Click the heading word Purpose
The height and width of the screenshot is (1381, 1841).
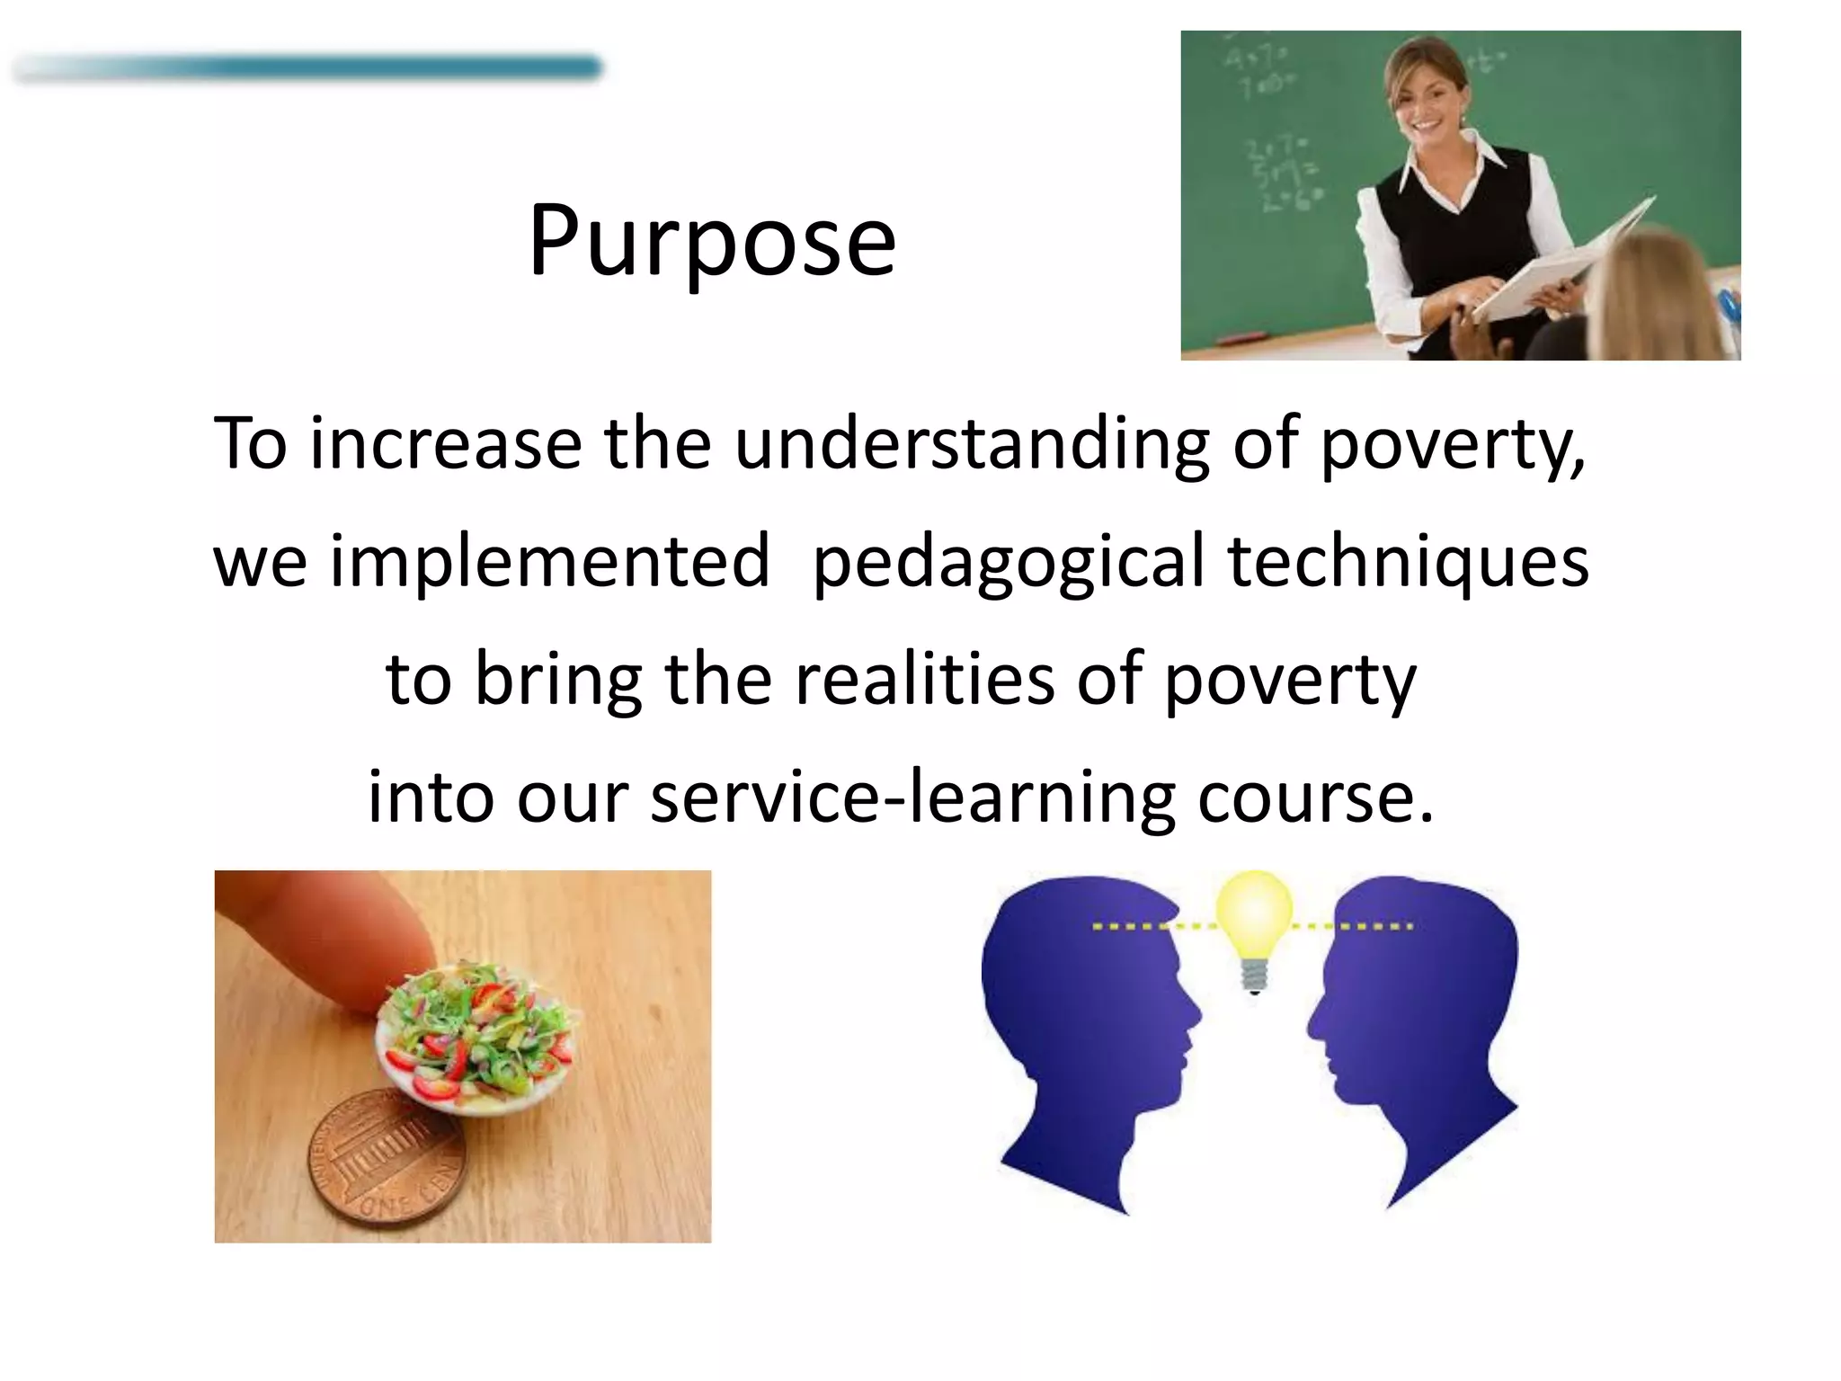712,241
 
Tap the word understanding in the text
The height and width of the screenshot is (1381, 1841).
972,443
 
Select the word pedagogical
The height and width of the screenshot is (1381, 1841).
1008,562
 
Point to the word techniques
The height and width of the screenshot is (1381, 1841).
1408,560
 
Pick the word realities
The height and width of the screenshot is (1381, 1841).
924,679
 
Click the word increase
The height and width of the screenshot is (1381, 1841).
446,443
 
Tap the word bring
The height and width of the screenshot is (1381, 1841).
557,681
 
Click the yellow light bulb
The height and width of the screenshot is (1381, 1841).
1254,926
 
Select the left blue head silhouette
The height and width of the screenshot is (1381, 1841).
1088,1034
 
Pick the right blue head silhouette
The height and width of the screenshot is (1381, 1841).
1420,1034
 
